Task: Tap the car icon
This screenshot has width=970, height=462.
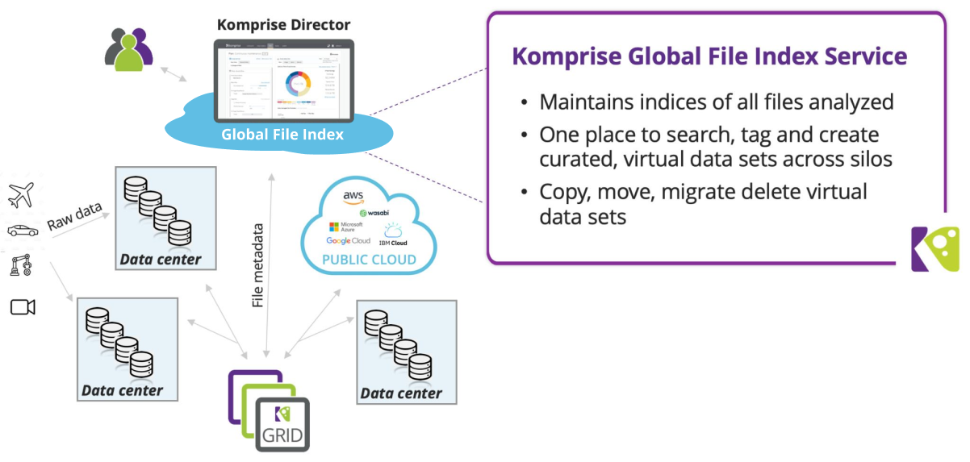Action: point(22,231)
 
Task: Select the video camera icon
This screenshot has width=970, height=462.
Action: point(23,306)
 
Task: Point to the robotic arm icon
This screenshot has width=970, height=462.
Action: point(22,267)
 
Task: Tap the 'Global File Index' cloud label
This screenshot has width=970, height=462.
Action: point(282,135)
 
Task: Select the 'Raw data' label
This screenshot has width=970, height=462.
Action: point(73,215)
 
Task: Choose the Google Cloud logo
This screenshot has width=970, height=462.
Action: point(348,241)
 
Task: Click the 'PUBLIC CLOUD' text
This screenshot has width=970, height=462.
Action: point(369,260)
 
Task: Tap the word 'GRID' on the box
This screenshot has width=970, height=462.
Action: point(282,437)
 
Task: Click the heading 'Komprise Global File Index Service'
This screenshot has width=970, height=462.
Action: point(709,57)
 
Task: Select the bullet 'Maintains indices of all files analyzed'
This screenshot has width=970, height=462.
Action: point(715,102)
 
